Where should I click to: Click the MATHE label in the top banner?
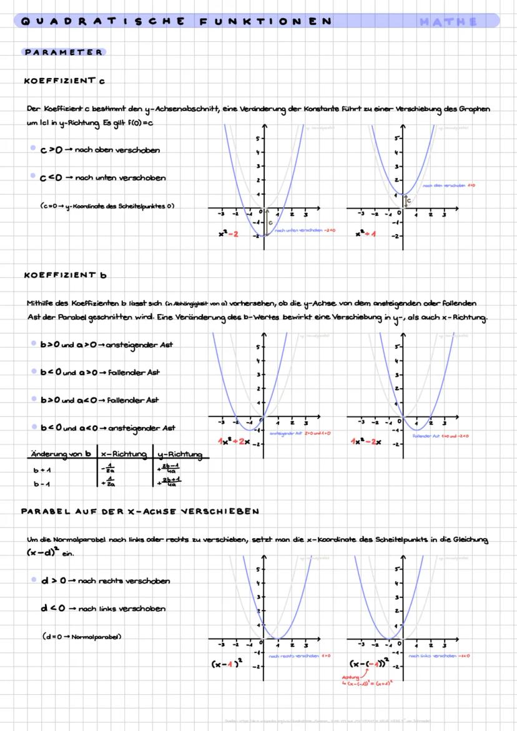pos(448,21)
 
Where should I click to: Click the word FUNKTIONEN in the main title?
pos(265,21)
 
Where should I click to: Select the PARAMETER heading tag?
pos(63,52)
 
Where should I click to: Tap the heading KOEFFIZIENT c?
pos(64,81)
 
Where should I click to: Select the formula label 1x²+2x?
pos(234,441)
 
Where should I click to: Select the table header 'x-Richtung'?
pos(124,454)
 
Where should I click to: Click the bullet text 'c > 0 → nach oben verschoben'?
pos(100,150)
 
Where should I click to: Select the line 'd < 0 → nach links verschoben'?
pos(103,609)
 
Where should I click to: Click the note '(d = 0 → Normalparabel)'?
pos(81,637)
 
